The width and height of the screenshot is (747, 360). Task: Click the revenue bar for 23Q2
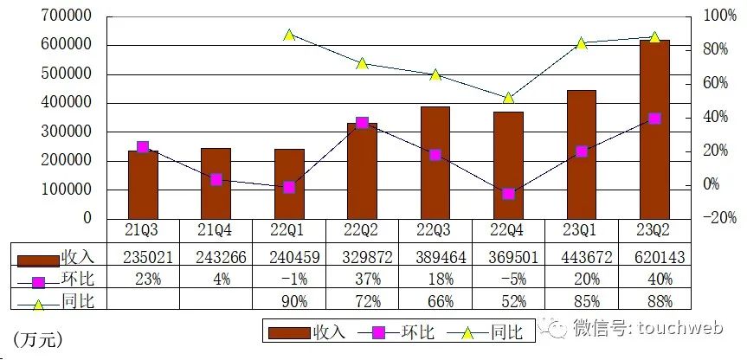[654, 130]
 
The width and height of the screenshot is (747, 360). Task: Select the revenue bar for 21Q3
[143, 183]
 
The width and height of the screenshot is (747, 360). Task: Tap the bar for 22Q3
[435, 162]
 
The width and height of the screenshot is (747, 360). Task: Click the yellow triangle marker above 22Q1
[289, 35]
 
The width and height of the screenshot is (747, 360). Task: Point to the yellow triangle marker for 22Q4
[508, 98]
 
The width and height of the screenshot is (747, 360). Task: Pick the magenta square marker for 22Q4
[508, 194]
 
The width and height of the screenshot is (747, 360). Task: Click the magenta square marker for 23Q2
[654, 119]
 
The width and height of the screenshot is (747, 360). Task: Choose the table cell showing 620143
[654, 257]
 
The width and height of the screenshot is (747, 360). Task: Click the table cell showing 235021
[143, 257]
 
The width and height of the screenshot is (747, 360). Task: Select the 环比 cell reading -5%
[508, 279]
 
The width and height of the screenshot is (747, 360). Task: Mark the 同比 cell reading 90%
[289, 300]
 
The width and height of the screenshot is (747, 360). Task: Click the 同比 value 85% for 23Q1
[582, 300]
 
